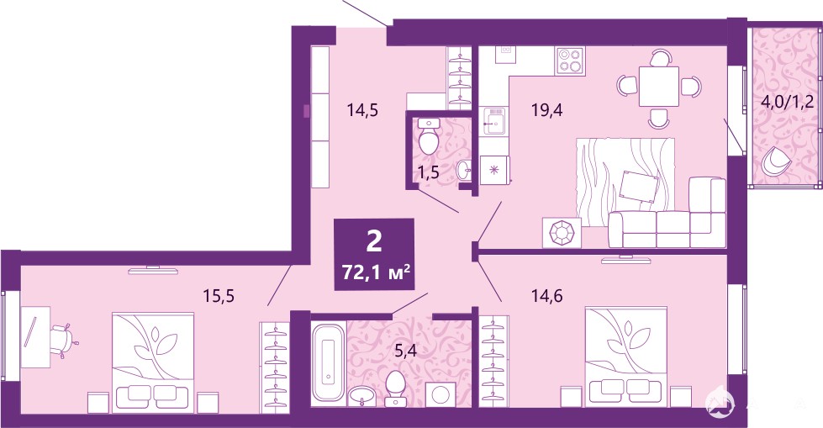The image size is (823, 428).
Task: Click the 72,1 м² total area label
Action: (375, 273)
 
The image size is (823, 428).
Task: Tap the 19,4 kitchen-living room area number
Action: (546, 110)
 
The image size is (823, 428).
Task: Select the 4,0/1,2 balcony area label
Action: (787, 101)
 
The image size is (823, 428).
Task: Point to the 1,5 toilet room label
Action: (428, 172)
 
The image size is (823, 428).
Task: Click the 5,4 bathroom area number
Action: (405, 351)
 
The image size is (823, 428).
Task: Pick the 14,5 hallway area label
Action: (362, 110)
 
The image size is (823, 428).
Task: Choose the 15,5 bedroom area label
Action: (219, 297)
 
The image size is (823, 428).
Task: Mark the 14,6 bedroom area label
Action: (546, 297)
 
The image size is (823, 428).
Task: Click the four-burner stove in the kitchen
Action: (571, 60)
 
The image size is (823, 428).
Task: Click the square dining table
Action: (659, 87)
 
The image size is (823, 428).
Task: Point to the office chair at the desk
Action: (64, 341)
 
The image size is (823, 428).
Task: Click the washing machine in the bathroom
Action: (441, 394)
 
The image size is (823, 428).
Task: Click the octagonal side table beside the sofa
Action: (562, 232)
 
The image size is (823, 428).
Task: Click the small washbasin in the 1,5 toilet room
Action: (464, 170)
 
